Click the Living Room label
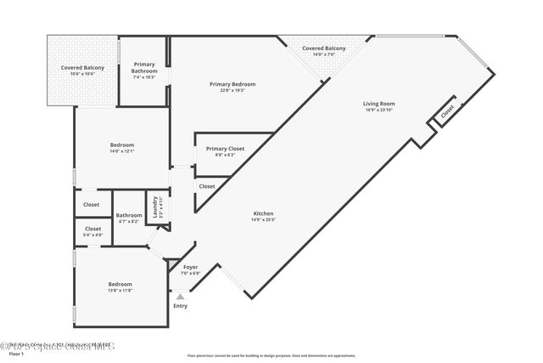(x=379, y=104)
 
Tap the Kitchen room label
(x=263, y=213)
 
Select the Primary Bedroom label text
(x=232, y=84)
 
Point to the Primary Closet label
(x=225, y=149)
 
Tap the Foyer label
(x=190, y=267)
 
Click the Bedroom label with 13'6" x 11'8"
(x=120, y=284)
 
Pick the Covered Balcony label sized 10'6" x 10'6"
(x=82, y=67)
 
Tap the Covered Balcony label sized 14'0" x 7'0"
(x=324, y=48)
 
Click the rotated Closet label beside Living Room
(x=447, y=111)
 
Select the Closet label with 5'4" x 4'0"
(x=92, y=229)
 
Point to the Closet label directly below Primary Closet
(x=207, y=186)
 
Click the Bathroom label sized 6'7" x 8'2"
(x=128, y=215)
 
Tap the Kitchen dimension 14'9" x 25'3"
(x=263, y=220)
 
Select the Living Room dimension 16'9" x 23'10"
(x=379, y=111)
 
